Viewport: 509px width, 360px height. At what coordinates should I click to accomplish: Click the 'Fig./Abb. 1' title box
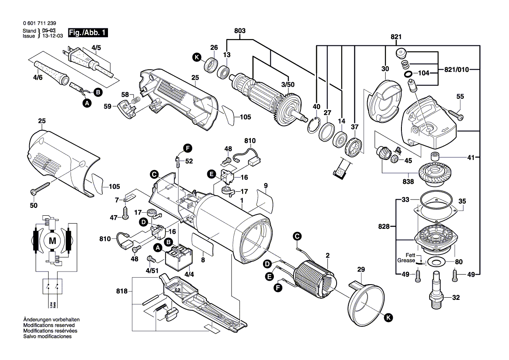click(88, 33)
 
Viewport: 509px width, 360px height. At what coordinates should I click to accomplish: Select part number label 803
click(240, 31)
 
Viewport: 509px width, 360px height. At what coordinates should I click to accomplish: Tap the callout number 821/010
click(456, 69)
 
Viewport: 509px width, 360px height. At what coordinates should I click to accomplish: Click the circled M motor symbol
click(52, 241)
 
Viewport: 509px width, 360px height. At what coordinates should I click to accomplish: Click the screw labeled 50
click(40, 188)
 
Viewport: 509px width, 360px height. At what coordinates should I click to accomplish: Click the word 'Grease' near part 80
click(406, 260)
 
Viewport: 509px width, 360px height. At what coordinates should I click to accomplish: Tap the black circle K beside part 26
click(196, 58)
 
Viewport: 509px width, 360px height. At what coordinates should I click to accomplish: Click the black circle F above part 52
click(188, 148)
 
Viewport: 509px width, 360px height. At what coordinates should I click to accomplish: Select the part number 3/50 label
click(288, 85)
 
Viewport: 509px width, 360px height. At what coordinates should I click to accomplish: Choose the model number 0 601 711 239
click(40, 23)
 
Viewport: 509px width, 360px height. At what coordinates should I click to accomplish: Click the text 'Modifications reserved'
click(49, 325)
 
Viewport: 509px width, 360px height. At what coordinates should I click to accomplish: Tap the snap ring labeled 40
click(313, 126)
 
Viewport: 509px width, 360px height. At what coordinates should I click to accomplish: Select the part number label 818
click(122, 291)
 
